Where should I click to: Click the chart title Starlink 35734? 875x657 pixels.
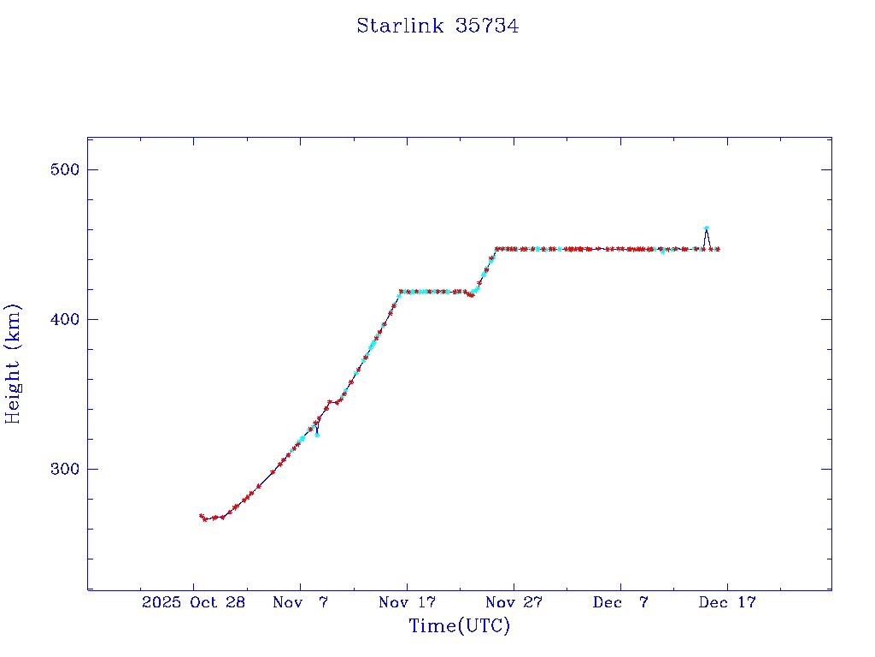coord(437,26)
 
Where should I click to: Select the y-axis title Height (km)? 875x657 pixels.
coord(13,364)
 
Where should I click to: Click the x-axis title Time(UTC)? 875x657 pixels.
coord(460,626)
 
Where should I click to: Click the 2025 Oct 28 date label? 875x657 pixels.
coord(194,602)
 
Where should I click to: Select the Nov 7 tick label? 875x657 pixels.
coord(301,602)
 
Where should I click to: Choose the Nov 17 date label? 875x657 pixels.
coord(408,602)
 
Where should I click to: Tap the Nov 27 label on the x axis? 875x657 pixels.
coord(514,602)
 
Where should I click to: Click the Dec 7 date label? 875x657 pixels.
coord(621,602)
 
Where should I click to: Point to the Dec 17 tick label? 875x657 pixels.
coord(728,602)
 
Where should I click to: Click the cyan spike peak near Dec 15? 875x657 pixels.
coord(706,228)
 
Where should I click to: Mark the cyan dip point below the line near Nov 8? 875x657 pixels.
coord(317,435)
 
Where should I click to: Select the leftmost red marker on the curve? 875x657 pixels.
coord(201,516)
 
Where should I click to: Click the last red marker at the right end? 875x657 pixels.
coord(718,249)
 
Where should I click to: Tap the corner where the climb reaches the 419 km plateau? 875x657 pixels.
coord(400,292)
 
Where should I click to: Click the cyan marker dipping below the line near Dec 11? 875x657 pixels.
coord(662,252)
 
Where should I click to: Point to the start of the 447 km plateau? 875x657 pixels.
coord(496,249)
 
